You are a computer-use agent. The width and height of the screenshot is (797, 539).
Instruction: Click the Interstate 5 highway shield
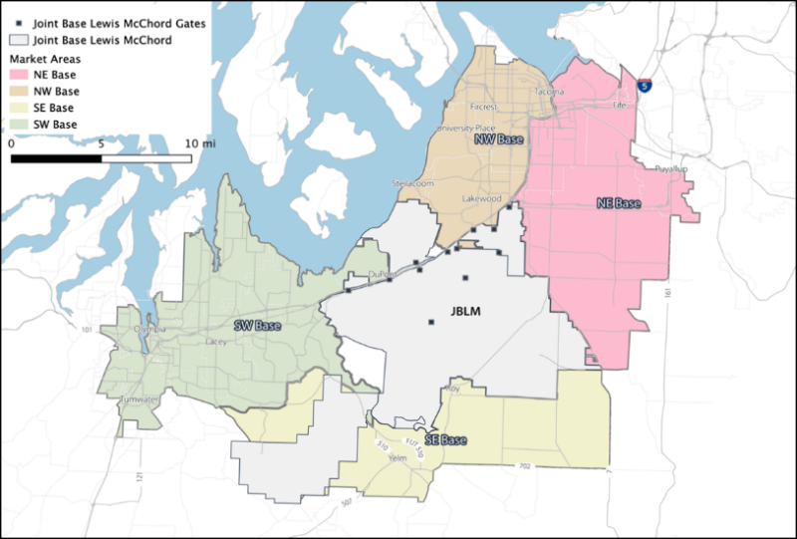648,87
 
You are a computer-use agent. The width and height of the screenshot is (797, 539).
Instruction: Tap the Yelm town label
390,459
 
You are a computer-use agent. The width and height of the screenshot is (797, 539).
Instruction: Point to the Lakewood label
481,198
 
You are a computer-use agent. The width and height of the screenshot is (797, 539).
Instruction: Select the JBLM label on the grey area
464,311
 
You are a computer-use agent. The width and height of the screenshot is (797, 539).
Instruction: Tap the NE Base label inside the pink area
618,204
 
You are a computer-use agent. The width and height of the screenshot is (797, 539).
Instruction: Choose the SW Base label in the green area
257,326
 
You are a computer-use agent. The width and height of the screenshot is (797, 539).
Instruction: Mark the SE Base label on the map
445,439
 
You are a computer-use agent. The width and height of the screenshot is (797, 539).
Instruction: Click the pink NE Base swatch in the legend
18,75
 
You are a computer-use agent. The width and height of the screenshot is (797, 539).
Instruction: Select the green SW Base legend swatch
18,124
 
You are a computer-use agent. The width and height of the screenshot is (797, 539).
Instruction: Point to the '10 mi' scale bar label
201,143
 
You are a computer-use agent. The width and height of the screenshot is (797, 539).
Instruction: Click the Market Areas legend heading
42,59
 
